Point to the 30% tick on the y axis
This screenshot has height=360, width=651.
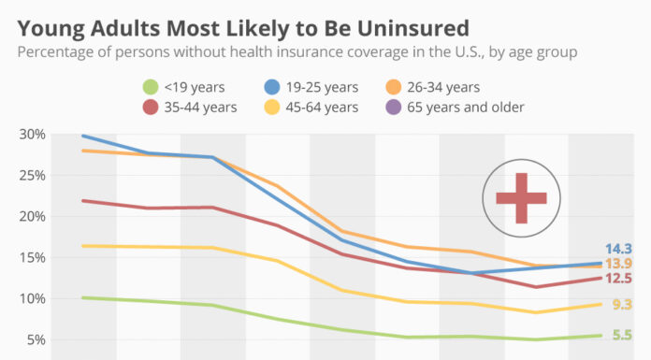click(32, 135)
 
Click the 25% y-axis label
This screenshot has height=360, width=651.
click(32, 176)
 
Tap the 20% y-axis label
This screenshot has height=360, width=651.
click(32, 217)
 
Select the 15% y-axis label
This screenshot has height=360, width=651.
click(32, 258)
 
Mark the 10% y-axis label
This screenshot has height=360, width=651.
click(32, 299)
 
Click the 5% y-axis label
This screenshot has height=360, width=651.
click(36, 340)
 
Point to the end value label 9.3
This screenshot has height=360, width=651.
click(622, 305)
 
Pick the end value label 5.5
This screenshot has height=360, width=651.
click(622, 335)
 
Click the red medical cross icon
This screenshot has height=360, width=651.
click(520, 198)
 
